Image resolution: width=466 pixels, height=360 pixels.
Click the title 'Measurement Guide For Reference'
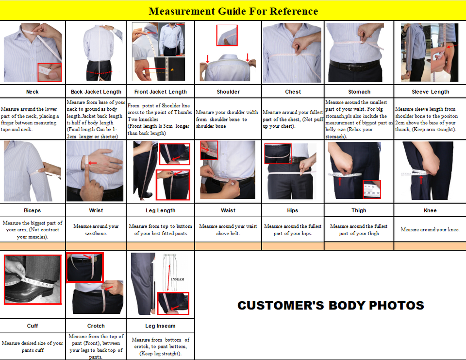pyautogui.click(x=233, y=11)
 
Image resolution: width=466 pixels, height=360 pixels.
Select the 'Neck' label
pyautogui.click(x=33, y=92)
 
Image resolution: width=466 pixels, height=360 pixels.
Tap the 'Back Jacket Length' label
pyautogui.click(x=96, y=92)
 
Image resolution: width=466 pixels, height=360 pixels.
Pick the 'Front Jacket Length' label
pyautogui.click(x=161, y=92)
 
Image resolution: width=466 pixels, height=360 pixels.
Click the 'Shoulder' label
pyautogui.click(x=228, y=92)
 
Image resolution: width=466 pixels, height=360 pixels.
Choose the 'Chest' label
pyautogui.click(x=293, y=92)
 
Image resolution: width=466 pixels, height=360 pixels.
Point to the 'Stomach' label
pyautogui.click(x=359, y=92)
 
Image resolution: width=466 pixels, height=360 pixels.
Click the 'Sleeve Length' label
pyautogui.click(x=431, y=92)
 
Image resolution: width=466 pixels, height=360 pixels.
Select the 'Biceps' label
pyautogui.click(x=33, y=210)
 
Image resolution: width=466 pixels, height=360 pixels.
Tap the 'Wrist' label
pyautogui.click(x=96, y=210)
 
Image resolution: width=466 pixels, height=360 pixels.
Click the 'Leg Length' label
pyautogui.click(x=161, y=210)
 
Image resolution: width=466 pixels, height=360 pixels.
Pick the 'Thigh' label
pyautogui.click(x=359, y=210)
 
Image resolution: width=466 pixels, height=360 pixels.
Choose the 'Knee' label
pyautogui.click(x=431, y=210)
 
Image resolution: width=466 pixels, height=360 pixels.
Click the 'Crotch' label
pyautogui.click(x=96, y=326)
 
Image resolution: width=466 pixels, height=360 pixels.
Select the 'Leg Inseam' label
pyautogui.click(x=161, y=326)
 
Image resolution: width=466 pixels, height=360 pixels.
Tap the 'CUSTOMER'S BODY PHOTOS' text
pyautogui.click(x=331, y=305)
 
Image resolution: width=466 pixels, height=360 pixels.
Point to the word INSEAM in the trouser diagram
pyautogui.click(x=178, y=279)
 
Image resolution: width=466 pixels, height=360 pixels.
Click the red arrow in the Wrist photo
pyautogui.click(x=92, y=163)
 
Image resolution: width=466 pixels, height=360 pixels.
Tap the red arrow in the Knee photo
pyautogui.click(x=421, y=180)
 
